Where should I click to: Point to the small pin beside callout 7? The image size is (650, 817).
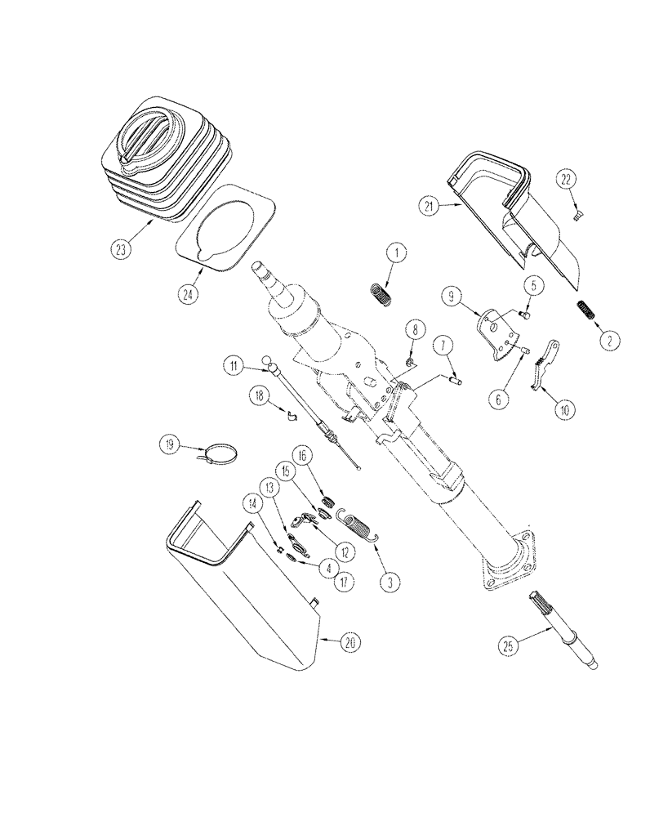tap(456, 377)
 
